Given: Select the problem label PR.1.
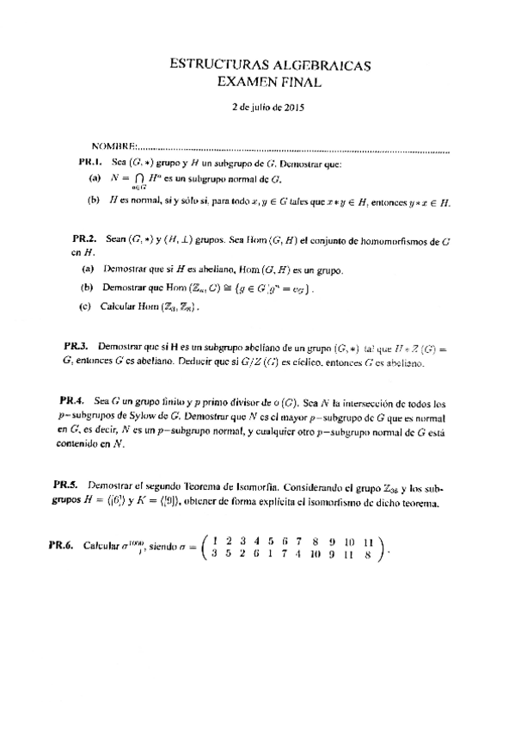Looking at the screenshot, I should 90,161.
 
